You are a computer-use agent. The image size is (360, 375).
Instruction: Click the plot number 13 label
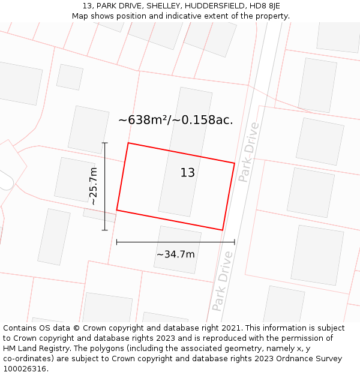click(x=188, y=173)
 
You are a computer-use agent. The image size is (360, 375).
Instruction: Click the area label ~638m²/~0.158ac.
click(x=175, y=120)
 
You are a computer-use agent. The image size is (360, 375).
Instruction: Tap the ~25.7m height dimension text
click(x=93, y=187)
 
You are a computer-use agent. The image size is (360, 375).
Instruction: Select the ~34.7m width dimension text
click(x=175, y=254)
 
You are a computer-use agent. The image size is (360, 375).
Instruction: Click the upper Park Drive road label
click(x=248, y=152)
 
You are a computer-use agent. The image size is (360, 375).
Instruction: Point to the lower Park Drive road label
click(x=222, y=281)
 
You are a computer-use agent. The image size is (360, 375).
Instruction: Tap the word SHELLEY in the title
click(x=155, y=6)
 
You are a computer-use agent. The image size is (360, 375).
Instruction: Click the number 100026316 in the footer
click(x=25, y=369)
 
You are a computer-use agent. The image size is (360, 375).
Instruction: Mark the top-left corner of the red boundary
click(x=128, y=143)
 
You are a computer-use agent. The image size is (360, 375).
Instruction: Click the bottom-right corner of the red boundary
click(x=223, y=230)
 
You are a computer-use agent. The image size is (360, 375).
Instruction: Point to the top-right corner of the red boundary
click(x=235, y=163)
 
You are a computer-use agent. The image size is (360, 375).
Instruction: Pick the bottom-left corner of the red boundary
click(x=116, y=210)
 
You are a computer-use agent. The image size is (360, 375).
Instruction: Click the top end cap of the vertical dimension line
click(x=105, y=143)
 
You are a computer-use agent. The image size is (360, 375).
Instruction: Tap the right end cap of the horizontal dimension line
click(x=235, y=242)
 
